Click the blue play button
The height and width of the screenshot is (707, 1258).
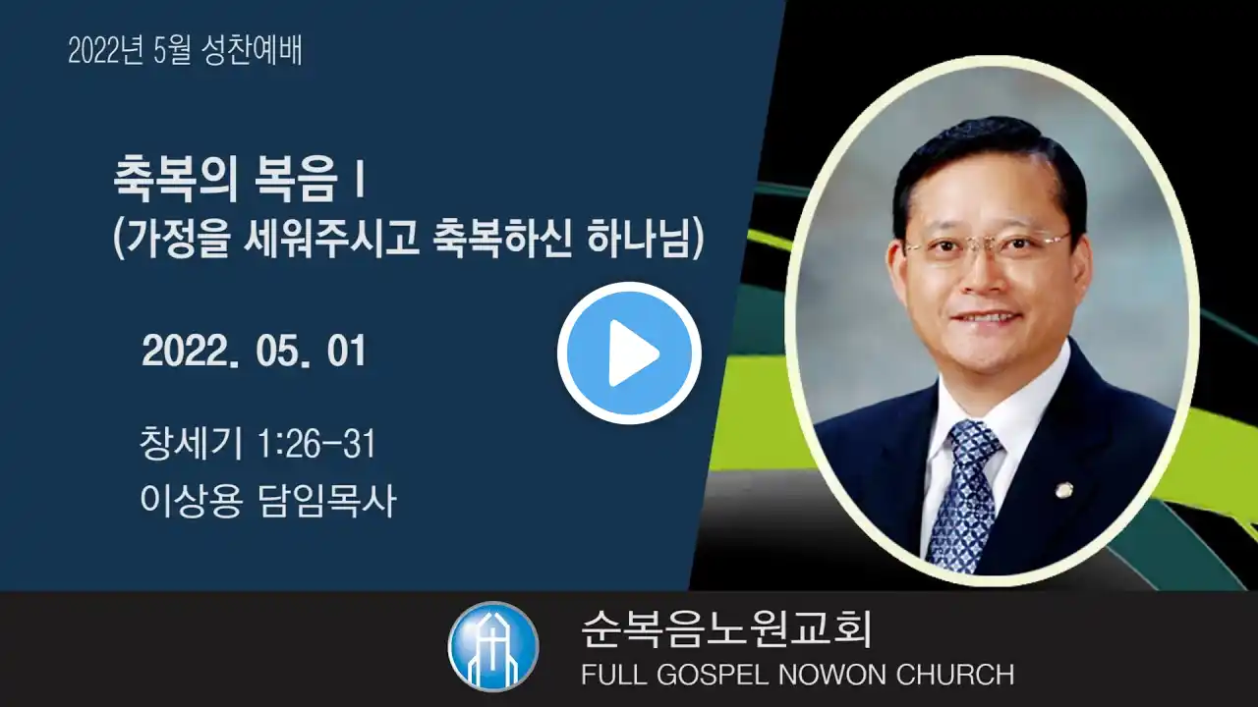[x=629, y=353]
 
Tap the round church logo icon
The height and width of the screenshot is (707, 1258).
[x=493, y=646]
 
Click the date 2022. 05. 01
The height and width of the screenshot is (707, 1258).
[x=254, y=352]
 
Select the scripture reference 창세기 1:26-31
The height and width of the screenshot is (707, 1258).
[x=257, y=443]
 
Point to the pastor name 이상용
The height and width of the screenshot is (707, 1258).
[x=191, y=500]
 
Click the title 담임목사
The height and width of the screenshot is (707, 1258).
[x=327, y=500]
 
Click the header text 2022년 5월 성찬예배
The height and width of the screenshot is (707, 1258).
[x=185, y=50]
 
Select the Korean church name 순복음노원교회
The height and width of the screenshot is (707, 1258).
[x=725, y=629]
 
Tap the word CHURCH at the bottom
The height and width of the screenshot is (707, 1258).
[x=955, y=675]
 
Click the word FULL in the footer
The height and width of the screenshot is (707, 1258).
[x=614, y=675]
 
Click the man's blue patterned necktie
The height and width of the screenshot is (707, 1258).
[x=964, y=494]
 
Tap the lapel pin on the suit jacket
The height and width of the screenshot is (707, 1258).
[x=1062, y=490]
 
